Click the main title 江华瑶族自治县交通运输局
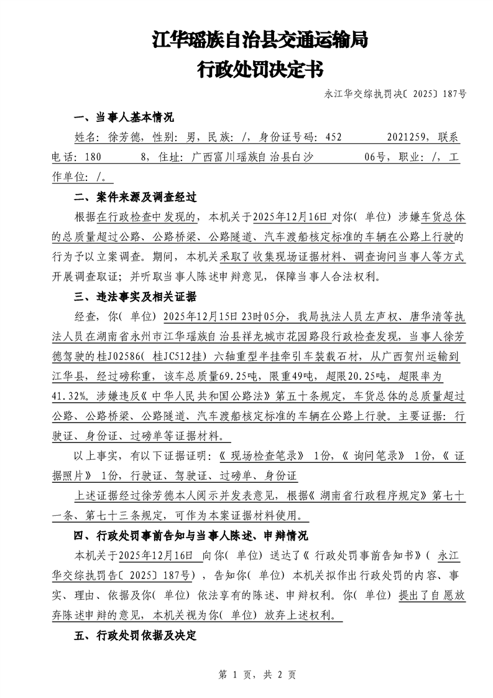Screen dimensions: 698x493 tap(260, 41)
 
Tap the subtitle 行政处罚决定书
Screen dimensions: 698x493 tap(260, 69)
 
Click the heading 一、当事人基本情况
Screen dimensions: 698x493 tap(124, 118)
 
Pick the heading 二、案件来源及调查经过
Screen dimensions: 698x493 tap(135, 197)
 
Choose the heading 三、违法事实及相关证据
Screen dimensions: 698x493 tap(135, 295)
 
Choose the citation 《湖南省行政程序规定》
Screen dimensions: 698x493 tap(372, 496)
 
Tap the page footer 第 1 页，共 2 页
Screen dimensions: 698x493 tap(256, 674)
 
